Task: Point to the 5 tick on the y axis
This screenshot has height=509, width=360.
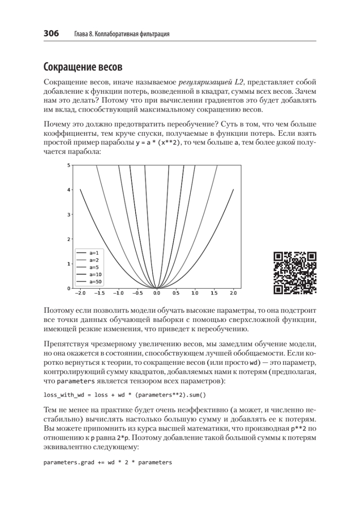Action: click(x=69, y=165)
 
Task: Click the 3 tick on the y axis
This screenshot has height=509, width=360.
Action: click(x=69, y=214)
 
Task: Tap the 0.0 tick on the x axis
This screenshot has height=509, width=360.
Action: click(x=156, y=293)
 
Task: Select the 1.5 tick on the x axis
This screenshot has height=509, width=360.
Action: click(x=214, y=293)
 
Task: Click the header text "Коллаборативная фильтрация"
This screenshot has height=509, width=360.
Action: click(x=137, y=34)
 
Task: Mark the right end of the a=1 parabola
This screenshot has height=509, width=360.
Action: click(x=233, y=190)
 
